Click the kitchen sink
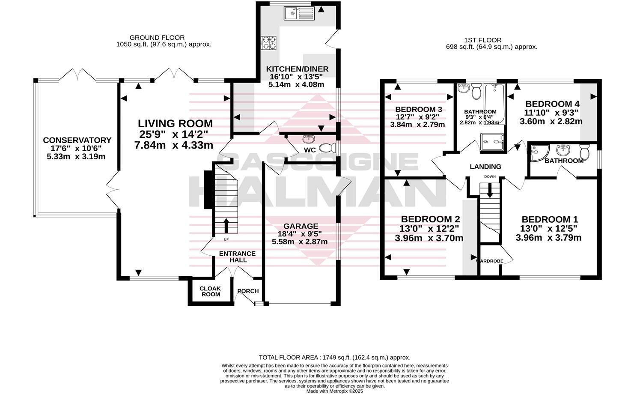(298, 13)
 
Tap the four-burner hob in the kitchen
(268, 43)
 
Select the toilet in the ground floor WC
(327, 148)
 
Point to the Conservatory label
(77, 140)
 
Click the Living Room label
(175, 124)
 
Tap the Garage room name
(301, 226)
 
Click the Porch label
(248, 291)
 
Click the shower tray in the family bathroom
(493, 142)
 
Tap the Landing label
(485, 167)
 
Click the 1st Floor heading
(491, 40)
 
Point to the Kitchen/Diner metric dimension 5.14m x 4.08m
(296, 85)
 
